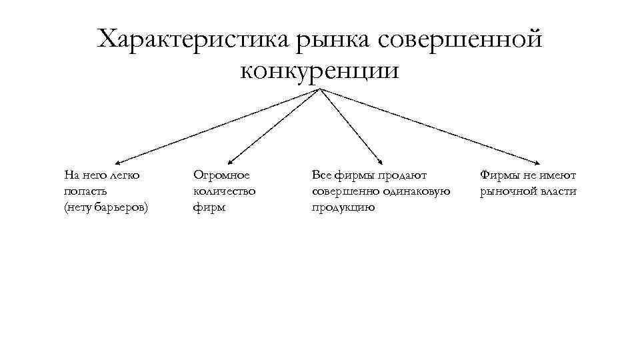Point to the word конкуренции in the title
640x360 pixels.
(x=320, y=69)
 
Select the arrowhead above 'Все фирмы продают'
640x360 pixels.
(x=381, y=161)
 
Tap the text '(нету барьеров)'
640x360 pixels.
(x=107, y=207)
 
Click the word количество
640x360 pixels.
(x=225, y=191)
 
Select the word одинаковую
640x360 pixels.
(x=417, y=191)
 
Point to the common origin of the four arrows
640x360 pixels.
(x=321, y=89)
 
